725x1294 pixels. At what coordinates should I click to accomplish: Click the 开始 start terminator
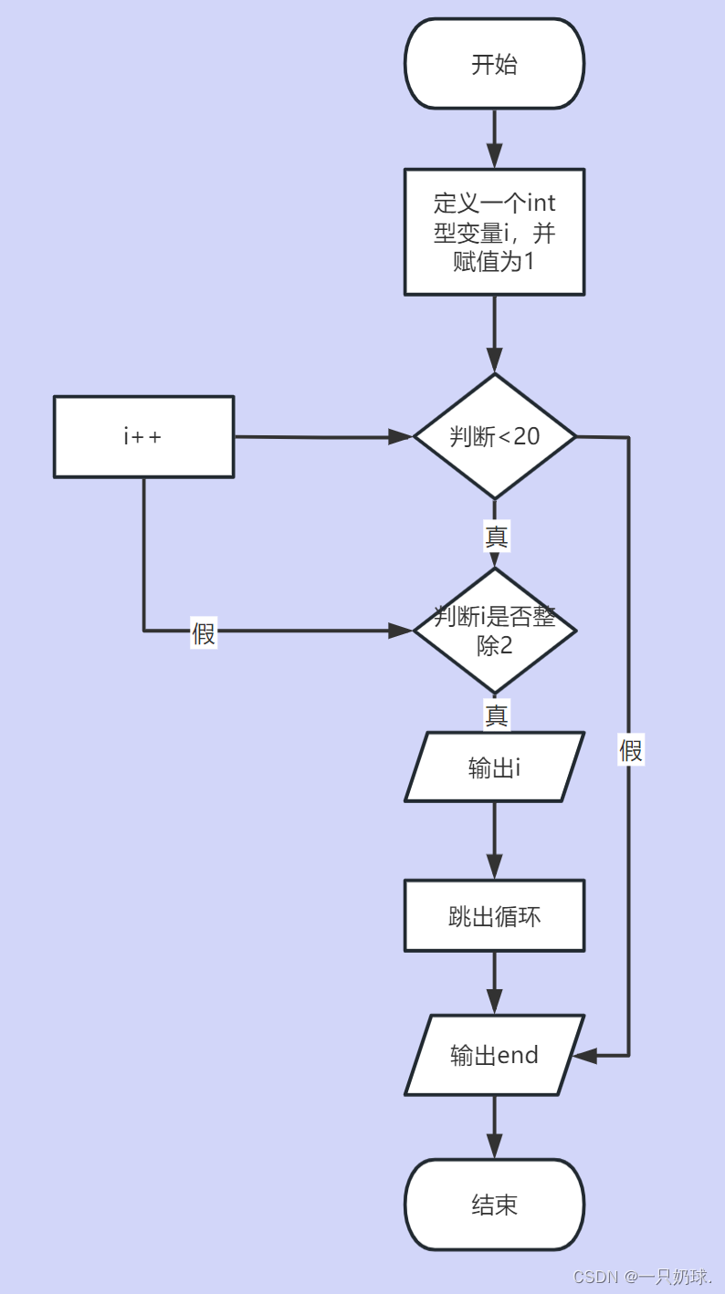[494, 65]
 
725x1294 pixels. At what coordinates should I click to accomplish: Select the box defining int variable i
[494, 232]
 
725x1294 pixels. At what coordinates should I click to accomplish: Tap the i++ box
[143, 437]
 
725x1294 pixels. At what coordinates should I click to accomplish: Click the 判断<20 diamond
[494, 437]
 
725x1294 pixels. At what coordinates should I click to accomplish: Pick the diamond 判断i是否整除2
[494, 631]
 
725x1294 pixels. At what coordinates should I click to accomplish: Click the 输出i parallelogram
[494, 767]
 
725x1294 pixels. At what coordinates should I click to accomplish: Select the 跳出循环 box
[494, 916]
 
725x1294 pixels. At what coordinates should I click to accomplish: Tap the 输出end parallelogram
[494, 1056]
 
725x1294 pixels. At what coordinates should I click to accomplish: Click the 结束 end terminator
[494, 1205]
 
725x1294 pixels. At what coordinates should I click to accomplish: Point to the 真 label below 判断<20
[496, 537]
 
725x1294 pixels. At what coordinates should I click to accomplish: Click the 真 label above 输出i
[496, 715]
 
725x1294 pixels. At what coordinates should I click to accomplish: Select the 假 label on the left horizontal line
[204, 632]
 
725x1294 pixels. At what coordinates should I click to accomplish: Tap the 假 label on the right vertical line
[631, 750]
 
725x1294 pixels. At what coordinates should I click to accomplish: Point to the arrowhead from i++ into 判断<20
[400, 437]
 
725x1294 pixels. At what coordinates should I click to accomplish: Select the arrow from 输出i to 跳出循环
[494, 840]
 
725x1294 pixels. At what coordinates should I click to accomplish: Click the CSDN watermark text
[642, 1277]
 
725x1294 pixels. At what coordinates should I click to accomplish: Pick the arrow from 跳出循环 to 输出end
[494, 983]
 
